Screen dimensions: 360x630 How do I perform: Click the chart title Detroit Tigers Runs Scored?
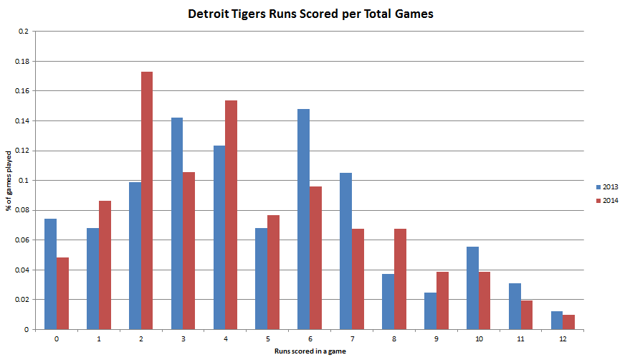pyautogui.click(x=310, y=14)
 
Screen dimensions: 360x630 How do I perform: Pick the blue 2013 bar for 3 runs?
pyautogui.click(x=177, y=224)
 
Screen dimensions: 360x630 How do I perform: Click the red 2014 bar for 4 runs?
pyautogui.click(x=232, y=215)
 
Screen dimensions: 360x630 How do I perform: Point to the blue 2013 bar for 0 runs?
pyautogui.click(x=50, y=274)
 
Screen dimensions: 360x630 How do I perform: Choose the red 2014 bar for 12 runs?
pyautogui.click(x=569, y=322)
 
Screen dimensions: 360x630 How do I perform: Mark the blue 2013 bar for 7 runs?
pyautogui.click(x=345, y=251)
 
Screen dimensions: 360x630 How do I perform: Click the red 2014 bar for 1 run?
pyautogui.click(x=105, y=265)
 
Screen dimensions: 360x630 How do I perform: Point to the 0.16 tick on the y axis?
pyautogui.click(x=21, y=91)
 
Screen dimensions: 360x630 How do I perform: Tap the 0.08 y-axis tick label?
pyautogui.click(x=21, y=210)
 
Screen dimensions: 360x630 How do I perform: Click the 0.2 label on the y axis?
pyautogui.click(x=24, y=32)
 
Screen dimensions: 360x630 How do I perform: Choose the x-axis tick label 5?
pyautogui.click(x=267, y=337)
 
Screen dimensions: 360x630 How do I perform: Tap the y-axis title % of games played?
pyautogui.click(x=9, y=180)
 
